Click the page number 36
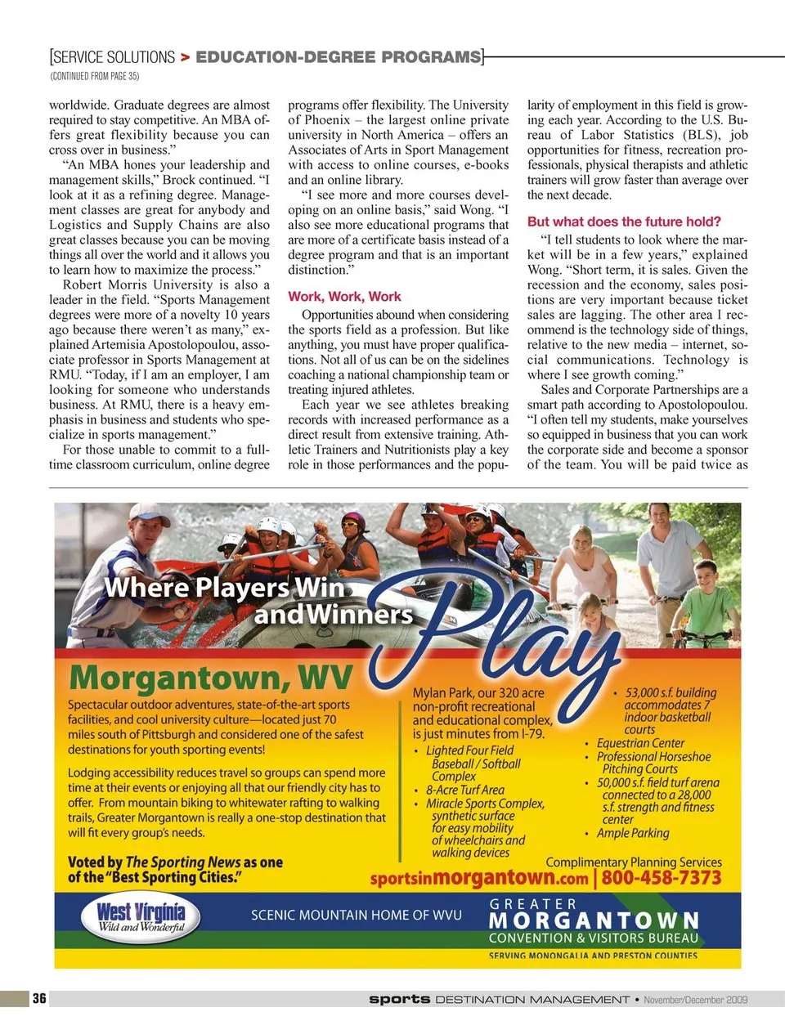point(39,998)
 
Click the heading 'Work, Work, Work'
point(344,297)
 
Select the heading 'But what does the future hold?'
point(624,222)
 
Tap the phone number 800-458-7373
point(662,878)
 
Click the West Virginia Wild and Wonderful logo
point(141,916)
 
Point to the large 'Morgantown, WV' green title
point(211,678)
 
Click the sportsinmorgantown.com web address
point(479,879)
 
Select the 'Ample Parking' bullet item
point(632,833)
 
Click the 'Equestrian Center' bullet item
point(640,743)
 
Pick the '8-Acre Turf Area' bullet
point(464,790)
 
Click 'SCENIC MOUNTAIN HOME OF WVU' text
point(356,916)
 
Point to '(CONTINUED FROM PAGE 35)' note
point(95,76)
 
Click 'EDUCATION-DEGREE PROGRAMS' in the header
point(338,57)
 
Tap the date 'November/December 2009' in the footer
point(695,999)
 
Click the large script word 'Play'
point(499,629)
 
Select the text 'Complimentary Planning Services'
point(634,862)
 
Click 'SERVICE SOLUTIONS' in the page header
point(114,57)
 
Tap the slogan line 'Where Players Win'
point(224,587)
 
